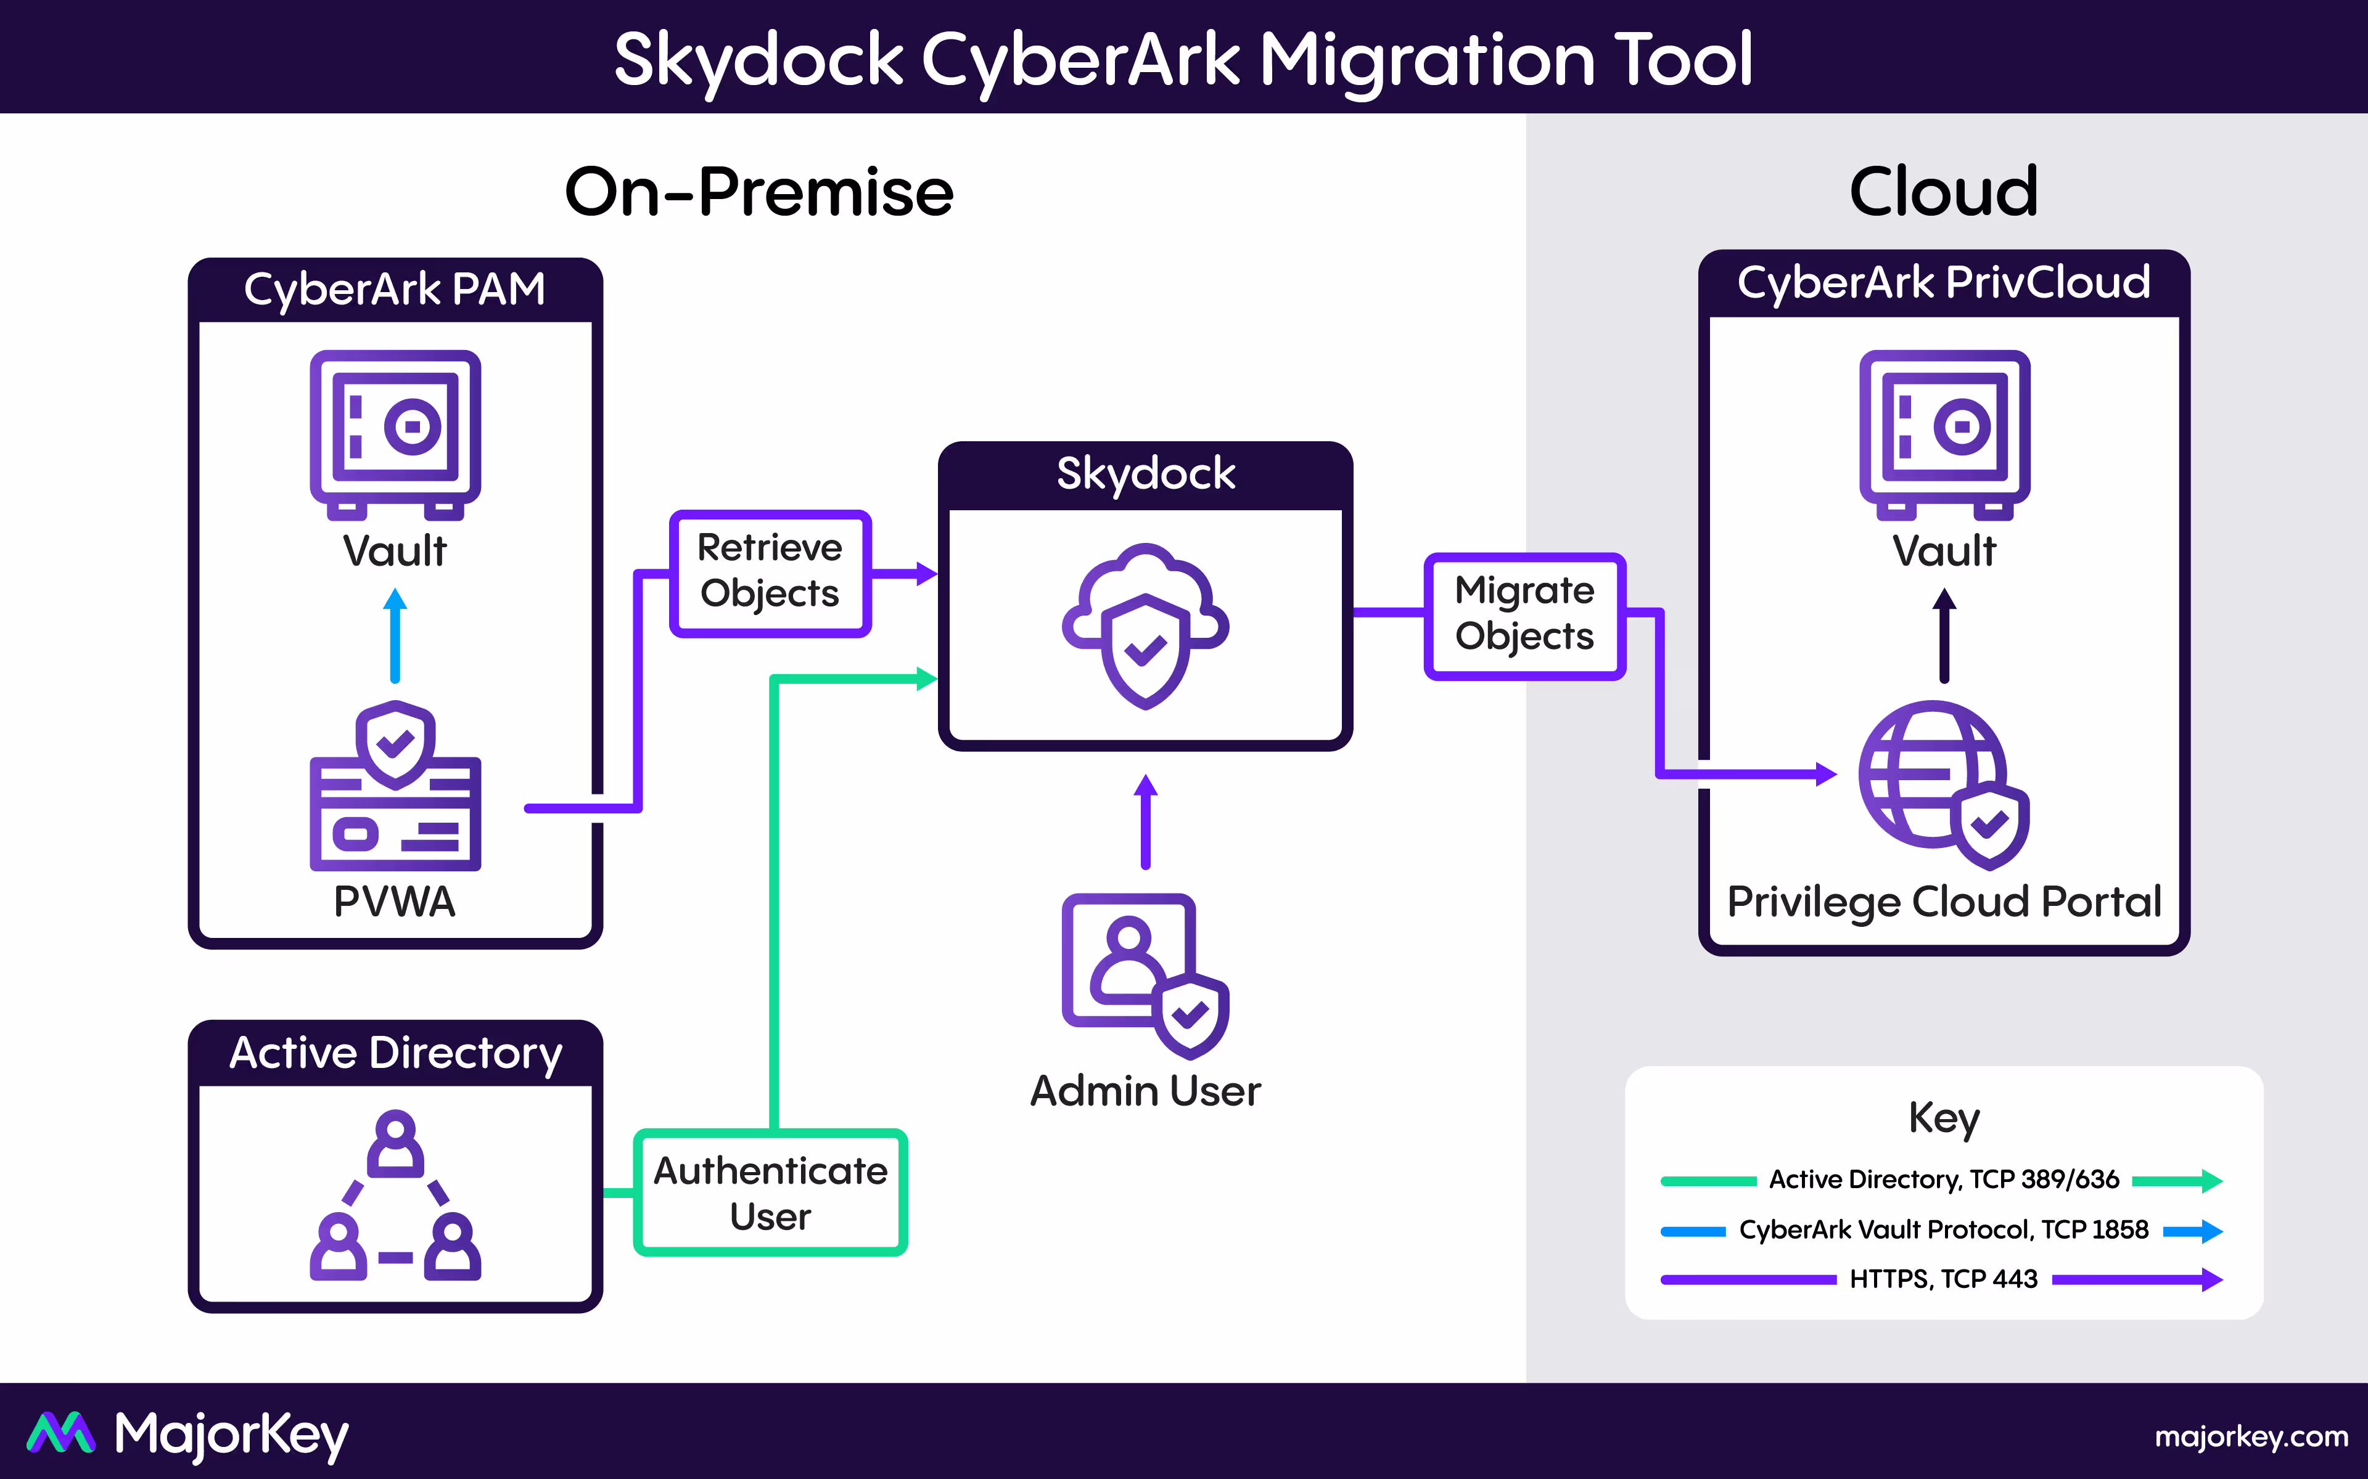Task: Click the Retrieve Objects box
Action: click(x=770, y=572)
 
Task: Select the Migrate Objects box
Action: click(x=1524, y=615)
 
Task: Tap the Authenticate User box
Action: click(x=770, y=1192)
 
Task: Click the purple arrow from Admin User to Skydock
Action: click(x=1145, y=821)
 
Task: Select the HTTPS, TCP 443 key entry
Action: click(x=1942, y=1279)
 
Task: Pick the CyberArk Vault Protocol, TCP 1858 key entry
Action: click(x=1942, y=1229)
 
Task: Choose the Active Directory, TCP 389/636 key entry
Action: click(x=1942, y=1180)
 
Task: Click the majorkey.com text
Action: click(x=2251, y=1436)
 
